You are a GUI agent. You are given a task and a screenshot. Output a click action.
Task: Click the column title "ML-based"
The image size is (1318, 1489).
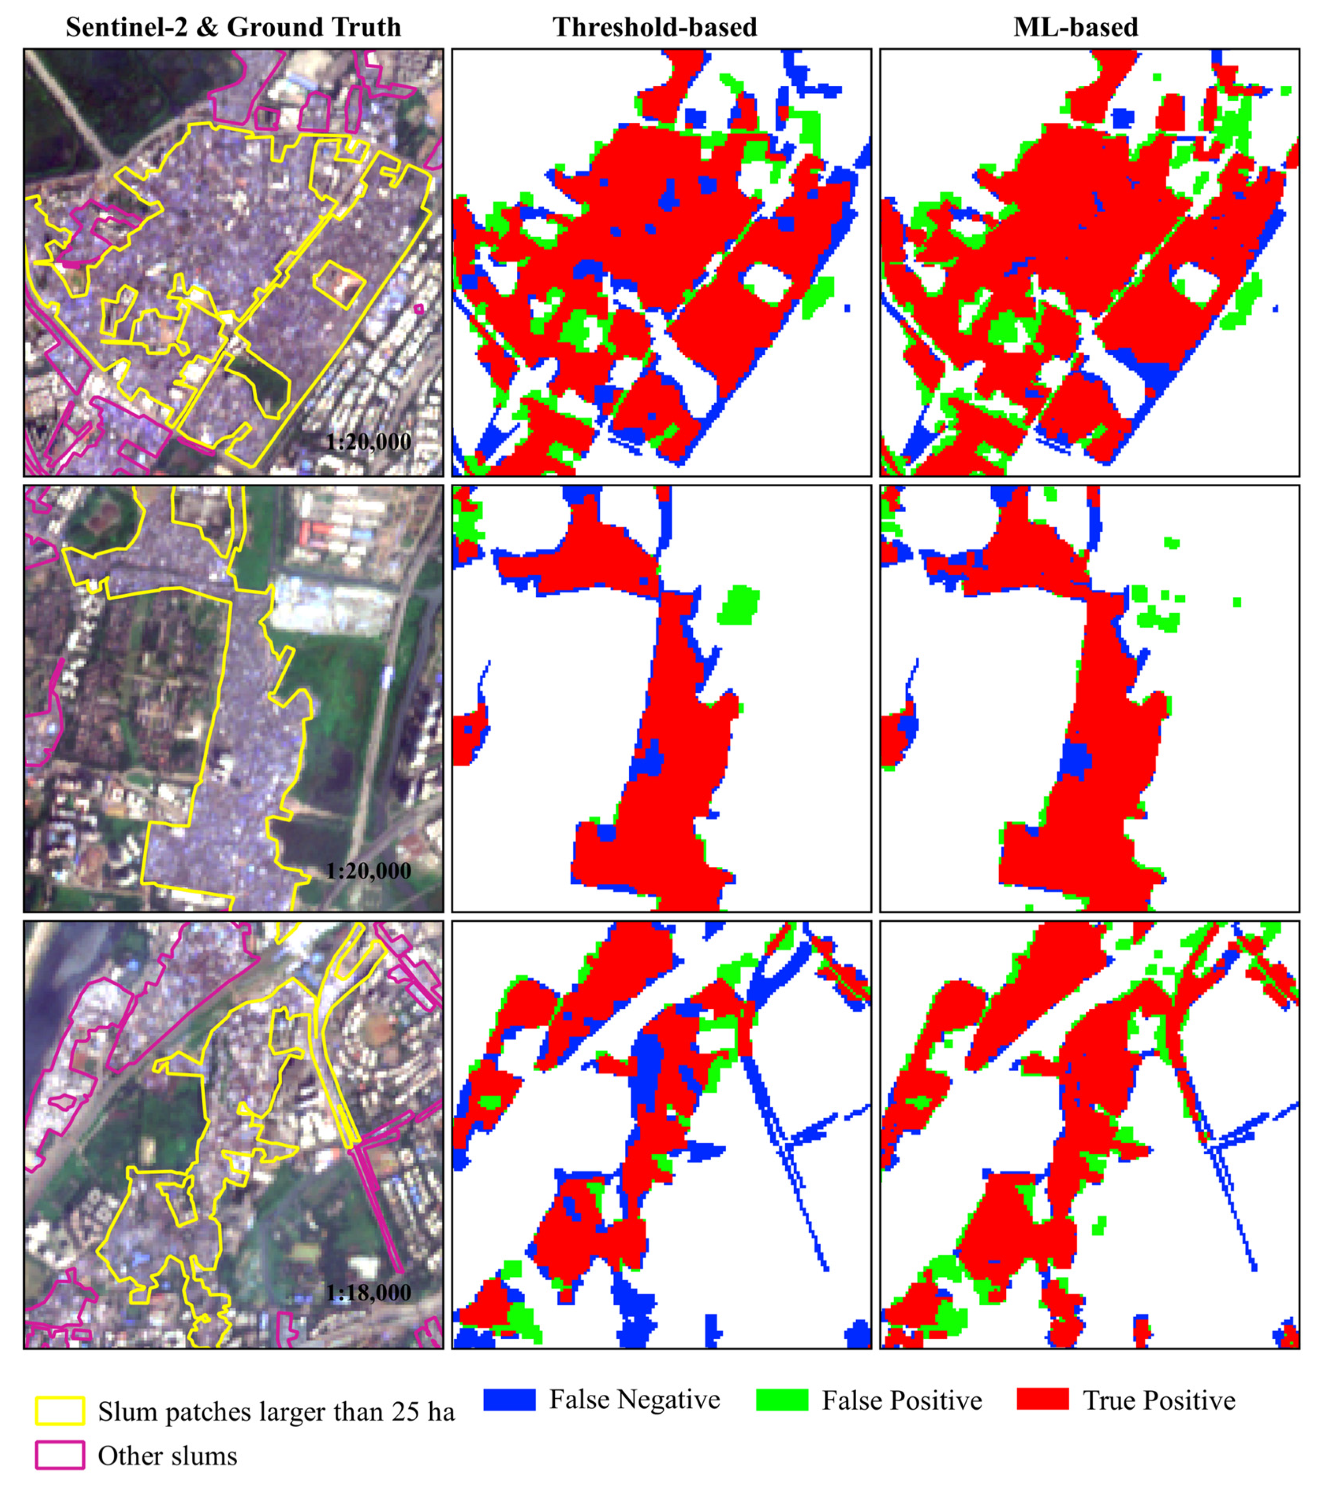coord(1075,27)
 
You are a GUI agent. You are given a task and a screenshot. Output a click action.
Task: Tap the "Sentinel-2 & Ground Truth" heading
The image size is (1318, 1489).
coord(233,27)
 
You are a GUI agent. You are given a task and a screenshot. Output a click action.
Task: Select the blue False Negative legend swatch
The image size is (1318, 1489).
coord(509,1400)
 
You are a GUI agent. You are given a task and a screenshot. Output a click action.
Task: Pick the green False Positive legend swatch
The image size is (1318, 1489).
coord(782,1400)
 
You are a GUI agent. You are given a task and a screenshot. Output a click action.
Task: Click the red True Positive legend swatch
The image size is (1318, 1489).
coord(1042,1400)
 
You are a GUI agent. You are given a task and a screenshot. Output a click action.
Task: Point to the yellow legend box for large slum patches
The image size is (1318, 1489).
coord(60,1411)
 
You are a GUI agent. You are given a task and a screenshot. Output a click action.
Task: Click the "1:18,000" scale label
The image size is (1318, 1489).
coord(368,1293)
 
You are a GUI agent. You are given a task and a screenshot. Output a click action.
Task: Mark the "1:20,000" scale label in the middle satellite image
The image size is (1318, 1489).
coord(368,871)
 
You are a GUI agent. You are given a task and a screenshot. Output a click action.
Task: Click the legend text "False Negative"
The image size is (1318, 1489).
coord(634,1400)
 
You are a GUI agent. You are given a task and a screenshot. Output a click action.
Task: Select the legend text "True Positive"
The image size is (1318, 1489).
coord(1159,1400)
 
